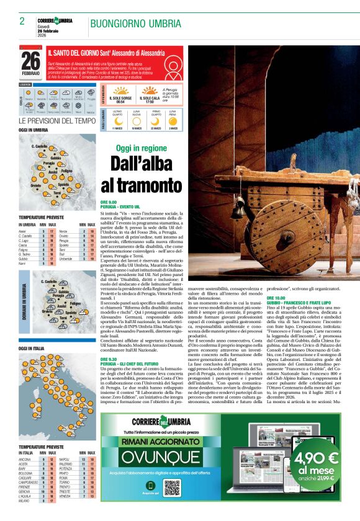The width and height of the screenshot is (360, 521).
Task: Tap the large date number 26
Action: point(30,60)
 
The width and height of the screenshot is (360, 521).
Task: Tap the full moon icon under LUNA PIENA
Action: point(173,121)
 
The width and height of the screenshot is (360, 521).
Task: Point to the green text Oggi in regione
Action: point(141,149)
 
